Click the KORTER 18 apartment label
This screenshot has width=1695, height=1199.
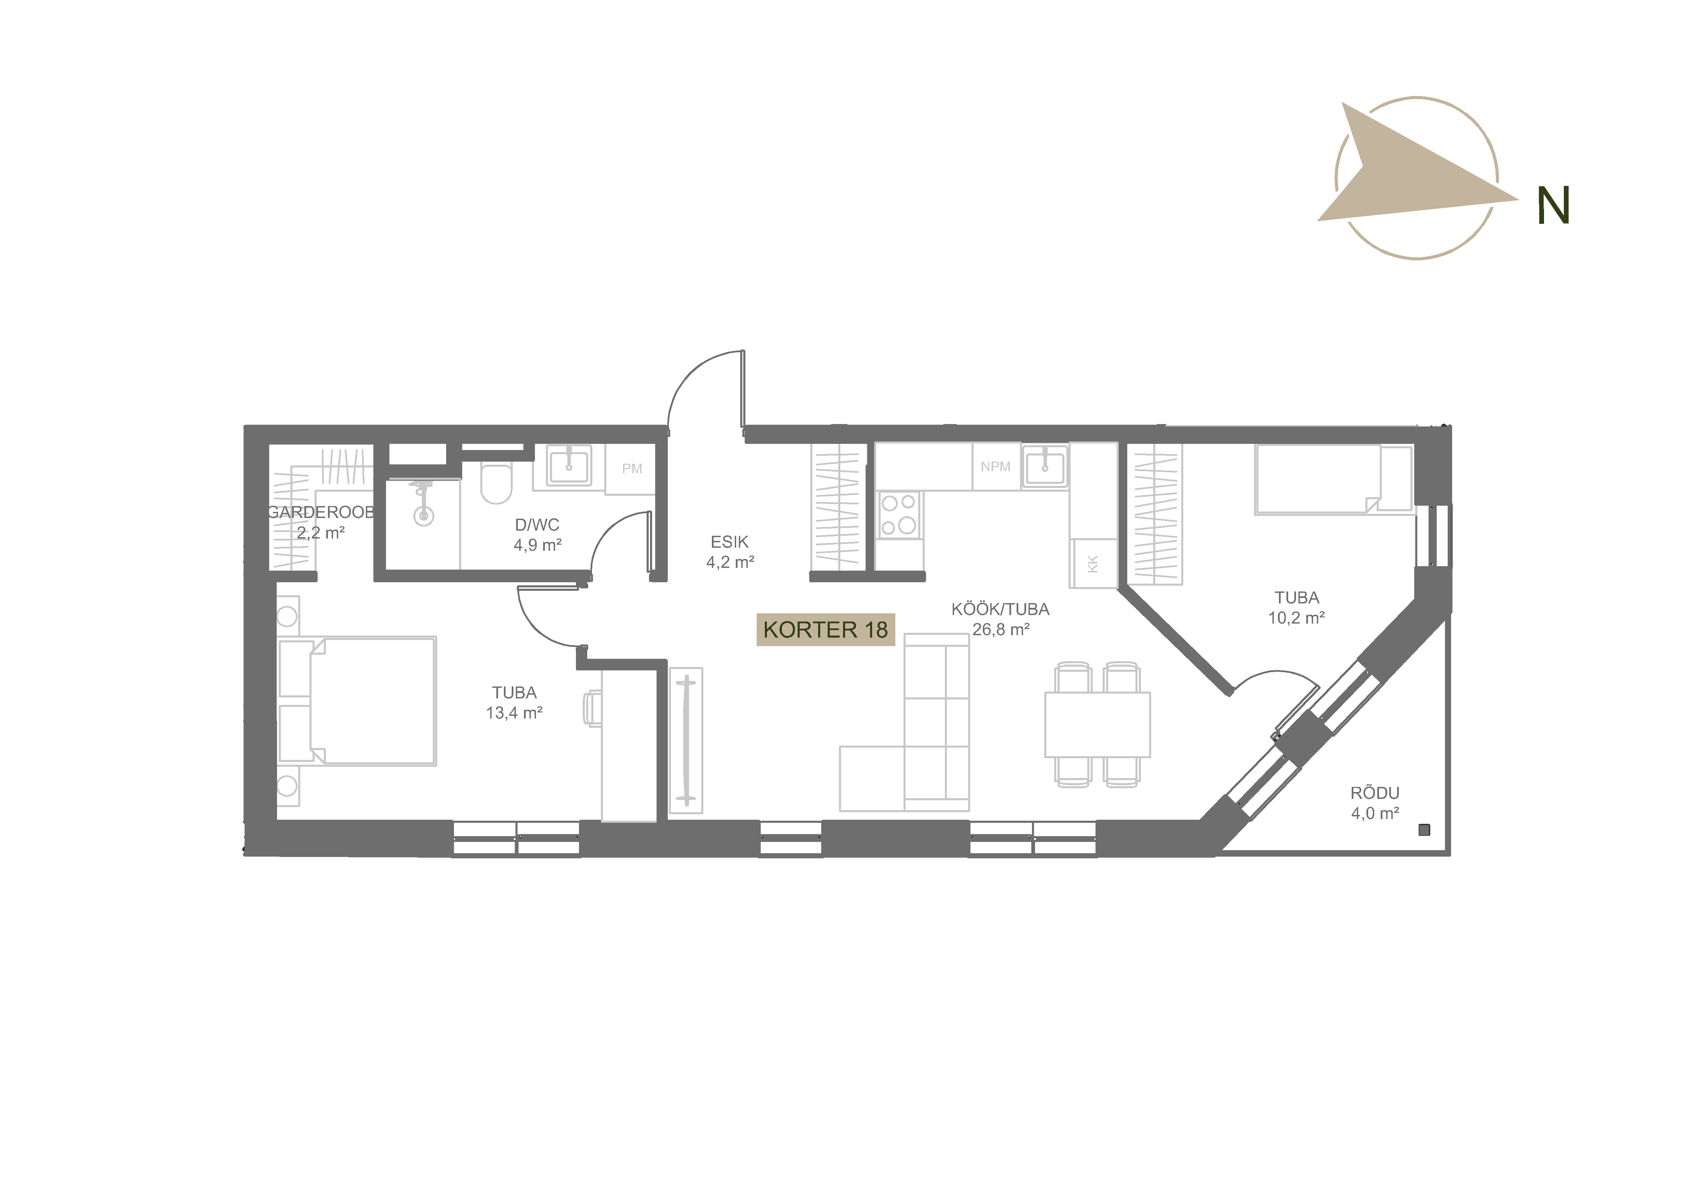[825, 630]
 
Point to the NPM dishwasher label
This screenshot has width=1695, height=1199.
[995, 467]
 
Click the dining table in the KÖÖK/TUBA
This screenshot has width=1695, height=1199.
[1097, 724]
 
